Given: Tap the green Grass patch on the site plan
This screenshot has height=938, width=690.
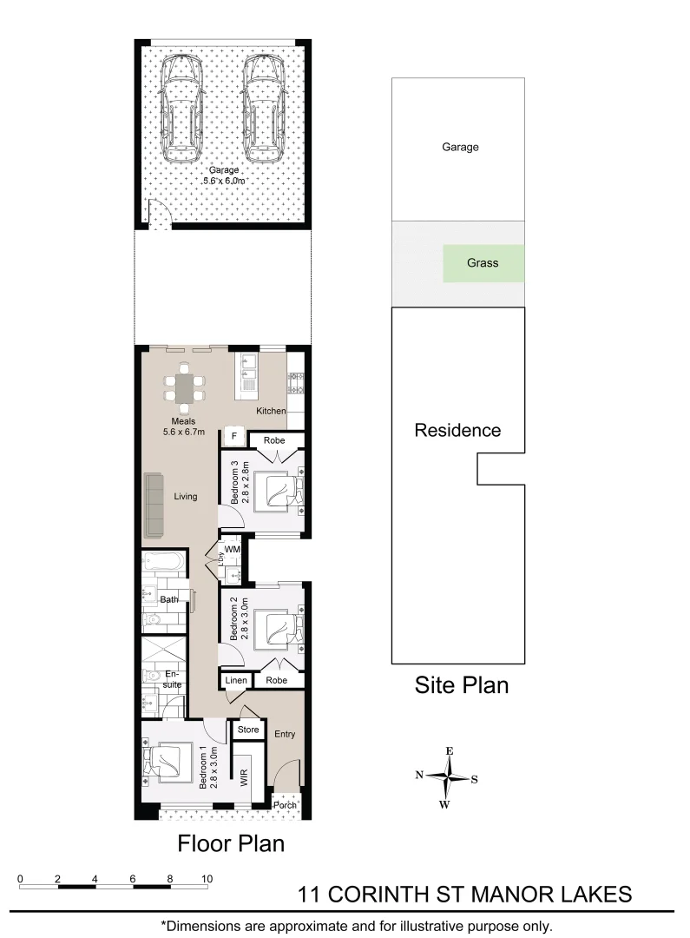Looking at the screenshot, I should [483, 262].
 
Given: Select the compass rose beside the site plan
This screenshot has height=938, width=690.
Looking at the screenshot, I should [448, 776].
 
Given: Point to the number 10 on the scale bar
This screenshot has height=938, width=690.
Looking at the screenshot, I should [207, 879].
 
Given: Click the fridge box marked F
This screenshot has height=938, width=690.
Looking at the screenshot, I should [233, 437].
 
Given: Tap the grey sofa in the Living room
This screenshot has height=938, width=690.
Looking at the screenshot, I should [154, 505].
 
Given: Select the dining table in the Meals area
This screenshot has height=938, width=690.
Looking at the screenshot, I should [185, 387].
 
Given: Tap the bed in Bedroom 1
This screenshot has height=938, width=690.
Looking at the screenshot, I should [170, 761].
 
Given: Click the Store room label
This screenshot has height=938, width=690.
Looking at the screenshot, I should [248, 730].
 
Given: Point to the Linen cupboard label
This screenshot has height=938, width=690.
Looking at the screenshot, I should [236, 681].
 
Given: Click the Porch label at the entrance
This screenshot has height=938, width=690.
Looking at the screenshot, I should [285, 805].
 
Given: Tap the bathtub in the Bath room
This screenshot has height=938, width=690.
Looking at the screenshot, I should [163, 564].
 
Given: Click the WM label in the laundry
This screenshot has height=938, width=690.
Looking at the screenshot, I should [232, 550].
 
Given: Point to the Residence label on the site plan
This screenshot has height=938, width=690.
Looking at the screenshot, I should [457, 430].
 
